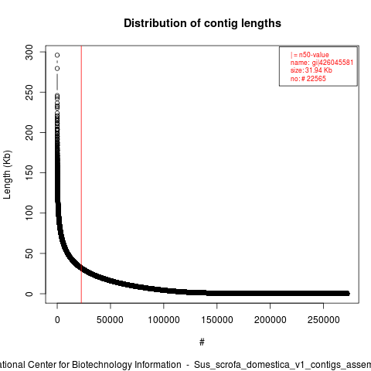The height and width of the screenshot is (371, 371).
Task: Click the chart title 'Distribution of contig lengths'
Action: (x=203, y=23)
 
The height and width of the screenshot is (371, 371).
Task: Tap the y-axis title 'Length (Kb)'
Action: (x=7, y=175)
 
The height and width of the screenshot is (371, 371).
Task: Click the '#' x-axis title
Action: (x=202, y=342)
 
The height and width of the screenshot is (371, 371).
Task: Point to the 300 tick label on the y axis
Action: (x=29, y=53)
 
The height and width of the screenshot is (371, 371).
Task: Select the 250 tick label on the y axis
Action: (x=29, y=93)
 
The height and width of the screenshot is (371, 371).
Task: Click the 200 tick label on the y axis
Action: (x=29, y=132)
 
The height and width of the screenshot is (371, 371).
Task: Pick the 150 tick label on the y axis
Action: (x=29, y=172)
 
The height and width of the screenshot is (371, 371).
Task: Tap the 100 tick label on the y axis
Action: (x=29, y=213)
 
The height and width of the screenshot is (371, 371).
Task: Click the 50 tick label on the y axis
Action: (x=29, y=254)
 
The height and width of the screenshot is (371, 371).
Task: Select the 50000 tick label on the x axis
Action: (x=110, y=320)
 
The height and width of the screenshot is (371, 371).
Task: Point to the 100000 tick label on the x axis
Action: (x=164, y=320)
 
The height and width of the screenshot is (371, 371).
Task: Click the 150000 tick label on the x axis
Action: (x=217, y=320)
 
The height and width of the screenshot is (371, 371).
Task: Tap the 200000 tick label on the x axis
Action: (x=270, y=320)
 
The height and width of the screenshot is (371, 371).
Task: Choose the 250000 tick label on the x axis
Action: (x=323, y=320)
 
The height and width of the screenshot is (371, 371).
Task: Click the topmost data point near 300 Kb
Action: (x=57, y=55)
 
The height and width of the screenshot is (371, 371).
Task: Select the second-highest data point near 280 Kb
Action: (x=57, y=68)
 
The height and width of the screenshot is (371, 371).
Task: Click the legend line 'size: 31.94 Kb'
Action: (x=311, y=70)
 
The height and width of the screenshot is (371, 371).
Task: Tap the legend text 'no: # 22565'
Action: (x=308, y=79)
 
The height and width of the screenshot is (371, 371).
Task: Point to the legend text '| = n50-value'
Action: (x=310, y=55)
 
